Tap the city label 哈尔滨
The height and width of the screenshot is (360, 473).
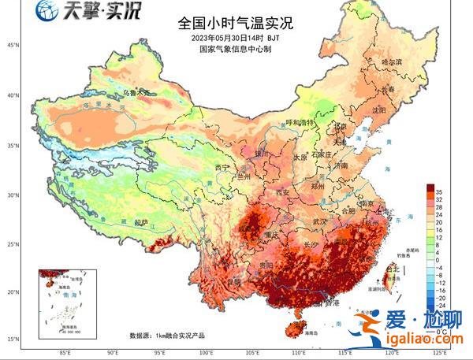(x=391, y=61)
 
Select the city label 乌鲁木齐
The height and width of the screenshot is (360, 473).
(x=135, y=92)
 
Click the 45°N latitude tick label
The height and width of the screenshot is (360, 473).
(x=12, y=45)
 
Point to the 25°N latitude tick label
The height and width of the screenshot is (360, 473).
(x=12, y=243)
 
